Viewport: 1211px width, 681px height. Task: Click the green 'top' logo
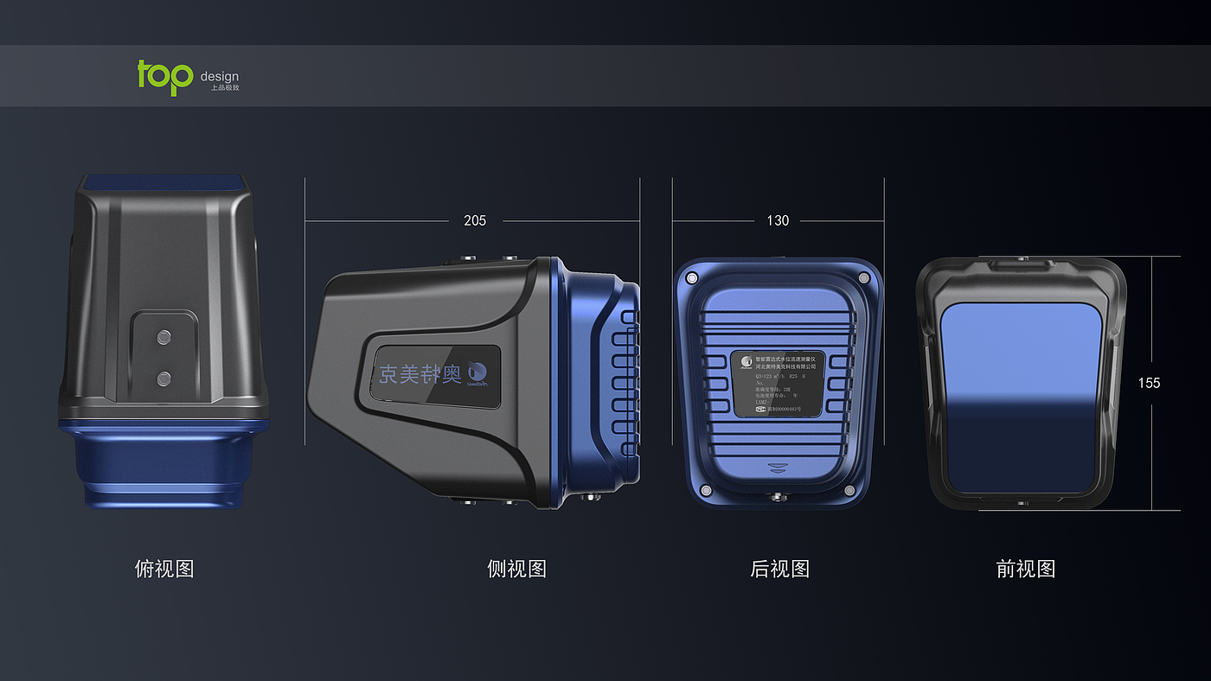tap(164, 77)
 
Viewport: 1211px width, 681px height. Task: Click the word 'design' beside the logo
tap(219, 77)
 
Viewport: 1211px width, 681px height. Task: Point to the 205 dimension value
tap(475, 220)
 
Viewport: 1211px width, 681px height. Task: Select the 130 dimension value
tap(778, 220)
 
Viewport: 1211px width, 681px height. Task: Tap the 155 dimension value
tap(1149, 383)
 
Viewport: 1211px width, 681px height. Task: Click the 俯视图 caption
tap(164, 569)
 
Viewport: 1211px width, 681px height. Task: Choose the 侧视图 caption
tap(516, 569)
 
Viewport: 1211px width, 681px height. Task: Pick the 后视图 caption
tap(779, 569)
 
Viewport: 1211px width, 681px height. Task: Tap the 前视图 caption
tap(1026, 569)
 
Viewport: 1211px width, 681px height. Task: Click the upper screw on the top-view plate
tap(163, 335)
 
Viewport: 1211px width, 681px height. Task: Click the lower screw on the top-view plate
tap(163, 377)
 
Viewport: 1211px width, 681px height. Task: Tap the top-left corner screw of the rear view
tap(691, 278)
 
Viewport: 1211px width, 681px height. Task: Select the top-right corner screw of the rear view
tap(863, 277)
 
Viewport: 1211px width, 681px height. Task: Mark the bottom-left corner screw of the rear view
tap(705, 491)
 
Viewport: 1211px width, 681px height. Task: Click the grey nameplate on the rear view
tap(778, 384)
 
